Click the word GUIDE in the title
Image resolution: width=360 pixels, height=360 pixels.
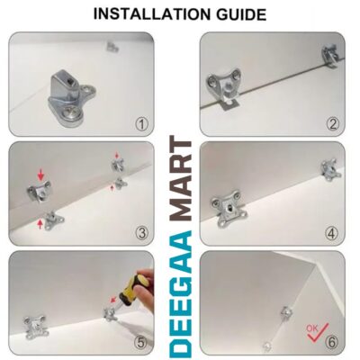[241, 14]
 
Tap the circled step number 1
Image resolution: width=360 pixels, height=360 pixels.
[141, 124]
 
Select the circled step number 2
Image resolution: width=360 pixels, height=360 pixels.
[333, 124]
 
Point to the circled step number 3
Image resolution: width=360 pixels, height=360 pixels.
[141, 233]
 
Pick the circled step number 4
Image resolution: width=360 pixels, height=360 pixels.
[332, 233]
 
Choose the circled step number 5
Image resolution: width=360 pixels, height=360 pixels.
[141, 342]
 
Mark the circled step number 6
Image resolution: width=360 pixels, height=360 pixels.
[332, 342]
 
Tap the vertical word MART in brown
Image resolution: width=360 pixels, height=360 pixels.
[181, 180]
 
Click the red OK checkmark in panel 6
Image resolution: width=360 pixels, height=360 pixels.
[317, 332]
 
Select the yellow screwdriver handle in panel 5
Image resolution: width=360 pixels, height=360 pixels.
[139, 285]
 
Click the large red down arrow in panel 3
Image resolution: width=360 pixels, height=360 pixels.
[41, 175]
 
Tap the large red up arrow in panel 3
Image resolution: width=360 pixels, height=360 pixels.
[40, 224]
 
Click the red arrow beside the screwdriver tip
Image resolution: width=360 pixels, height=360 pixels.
[113, 299]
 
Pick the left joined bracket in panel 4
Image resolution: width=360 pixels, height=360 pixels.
[229, 210]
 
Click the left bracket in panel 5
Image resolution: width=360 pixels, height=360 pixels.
[36, 327]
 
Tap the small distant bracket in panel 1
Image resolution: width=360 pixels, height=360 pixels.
[113, 47]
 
